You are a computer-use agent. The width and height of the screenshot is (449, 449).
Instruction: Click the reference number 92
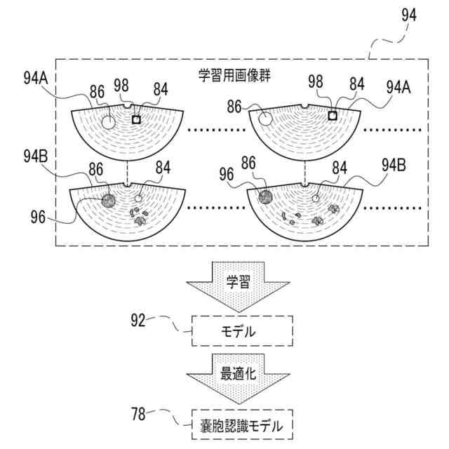pyautogui.click(x=138, y=321)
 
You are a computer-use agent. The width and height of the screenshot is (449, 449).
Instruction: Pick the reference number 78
pyautogui.click(x=138, y=414)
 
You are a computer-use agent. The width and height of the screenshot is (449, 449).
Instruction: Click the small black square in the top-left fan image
pyautogui.click(x=137, y=120)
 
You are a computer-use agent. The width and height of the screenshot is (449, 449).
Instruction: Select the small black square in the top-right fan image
pyautogui.click(x=333, y=116)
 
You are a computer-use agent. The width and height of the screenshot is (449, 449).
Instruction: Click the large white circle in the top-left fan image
pyautogui.click(x=109, y=122)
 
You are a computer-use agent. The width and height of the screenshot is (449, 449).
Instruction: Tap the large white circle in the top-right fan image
pyautogui.click(x=265, y=119)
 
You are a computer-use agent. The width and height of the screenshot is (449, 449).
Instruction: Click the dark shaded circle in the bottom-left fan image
pyautogui.click(x=108, y=201)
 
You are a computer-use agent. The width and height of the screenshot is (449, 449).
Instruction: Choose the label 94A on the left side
pyautogui.click(x=34, y=79)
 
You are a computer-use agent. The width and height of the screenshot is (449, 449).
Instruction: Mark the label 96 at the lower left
pyautogui.click(x=38, y=217)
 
